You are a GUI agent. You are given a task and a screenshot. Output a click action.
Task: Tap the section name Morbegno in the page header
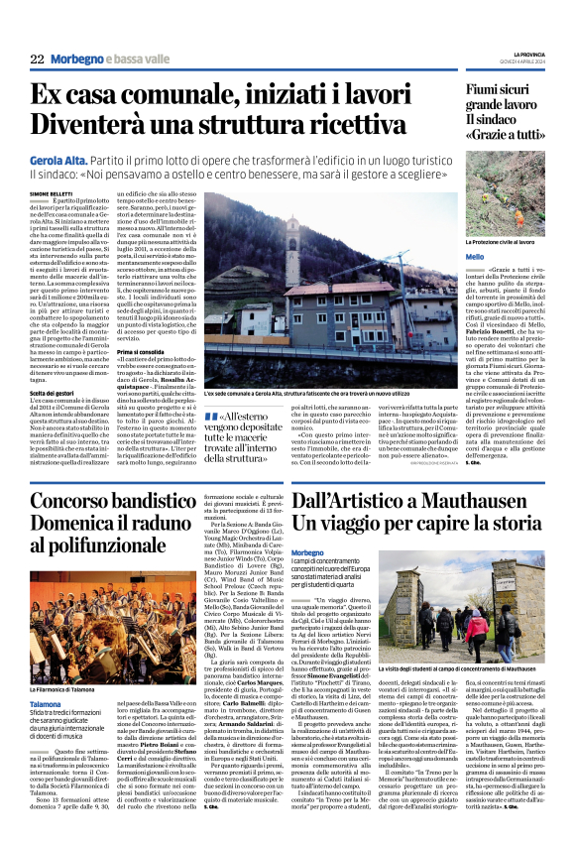click(75, 60)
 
